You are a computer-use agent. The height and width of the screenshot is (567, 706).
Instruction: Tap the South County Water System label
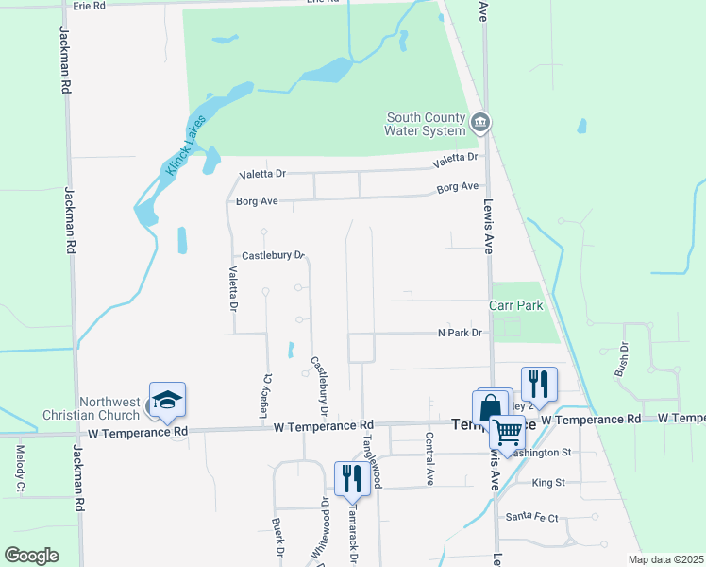(427, 125)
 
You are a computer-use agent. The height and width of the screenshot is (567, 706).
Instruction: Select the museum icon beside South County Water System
(480, 123)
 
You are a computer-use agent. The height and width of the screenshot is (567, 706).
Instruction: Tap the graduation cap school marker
(167, 400)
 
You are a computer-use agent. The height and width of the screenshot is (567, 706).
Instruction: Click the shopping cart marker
(508, 433)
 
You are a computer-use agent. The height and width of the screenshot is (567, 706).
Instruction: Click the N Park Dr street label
(460, 333)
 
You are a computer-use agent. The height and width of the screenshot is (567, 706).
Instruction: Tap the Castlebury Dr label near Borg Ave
(273, 255)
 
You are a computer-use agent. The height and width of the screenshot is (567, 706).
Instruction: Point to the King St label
(548, 483)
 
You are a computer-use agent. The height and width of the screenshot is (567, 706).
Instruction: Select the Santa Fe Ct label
(532, 517)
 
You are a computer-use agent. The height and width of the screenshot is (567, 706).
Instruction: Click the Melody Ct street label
(20, 470)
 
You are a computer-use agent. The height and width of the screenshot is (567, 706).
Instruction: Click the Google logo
(31, 555)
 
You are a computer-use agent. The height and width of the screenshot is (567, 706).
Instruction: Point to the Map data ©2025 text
(666, 559)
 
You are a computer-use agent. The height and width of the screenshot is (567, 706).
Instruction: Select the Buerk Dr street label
(278, 536)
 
